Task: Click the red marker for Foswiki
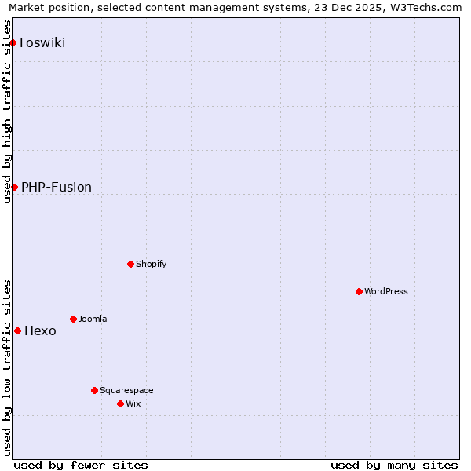point(13,42)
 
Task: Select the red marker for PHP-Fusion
point(14,187)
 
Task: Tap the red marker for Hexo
point(17,330)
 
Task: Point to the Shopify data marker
point(130,264)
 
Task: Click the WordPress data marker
point(359,291)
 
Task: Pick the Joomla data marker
point(73,319)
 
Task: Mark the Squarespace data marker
point(94,390)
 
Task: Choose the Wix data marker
point(120,403)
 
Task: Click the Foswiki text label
point(42,42)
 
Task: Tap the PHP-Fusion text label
point(57,187)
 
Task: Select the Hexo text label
point(40,330)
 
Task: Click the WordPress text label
point(386,291)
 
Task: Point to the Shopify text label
point(152,264)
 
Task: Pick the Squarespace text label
point(126,390)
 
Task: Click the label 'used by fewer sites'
point(81,465)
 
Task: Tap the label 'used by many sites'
point(394,465)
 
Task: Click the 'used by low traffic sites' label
point(8,367)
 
